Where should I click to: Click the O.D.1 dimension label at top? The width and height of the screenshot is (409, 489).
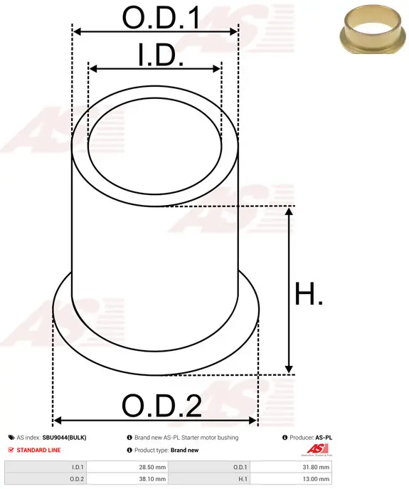tap(161, 18)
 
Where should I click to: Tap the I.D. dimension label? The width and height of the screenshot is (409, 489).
tap(161, 55)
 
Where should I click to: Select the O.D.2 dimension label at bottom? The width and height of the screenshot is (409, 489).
tap(161, 406)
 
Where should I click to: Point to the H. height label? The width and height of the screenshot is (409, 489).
tap(309, 293)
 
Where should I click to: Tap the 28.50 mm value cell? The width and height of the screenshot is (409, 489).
tap(127, 467)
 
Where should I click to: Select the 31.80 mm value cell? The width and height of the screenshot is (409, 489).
tap(291, 467)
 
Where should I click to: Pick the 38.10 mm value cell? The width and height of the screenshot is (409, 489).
tap(127, 479)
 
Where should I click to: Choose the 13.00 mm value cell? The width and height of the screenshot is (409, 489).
tap(291, 479)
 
